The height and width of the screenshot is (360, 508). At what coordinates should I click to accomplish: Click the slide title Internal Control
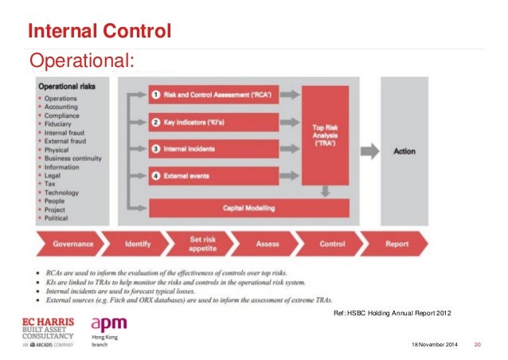point(100,32)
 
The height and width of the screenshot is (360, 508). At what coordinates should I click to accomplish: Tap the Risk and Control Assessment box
point(213,96)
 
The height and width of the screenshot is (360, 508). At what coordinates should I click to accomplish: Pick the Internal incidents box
point(213,149)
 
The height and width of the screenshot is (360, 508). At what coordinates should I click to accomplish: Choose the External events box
point(213,175)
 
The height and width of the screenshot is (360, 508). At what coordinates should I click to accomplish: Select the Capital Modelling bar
point(249,208)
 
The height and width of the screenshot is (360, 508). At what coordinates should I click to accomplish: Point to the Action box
point(404,151)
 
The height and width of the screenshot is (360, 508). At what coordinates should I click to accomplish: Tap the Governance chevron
point(72,244)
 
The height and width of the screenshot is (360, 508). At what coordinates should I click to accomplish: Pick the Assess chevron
point(267,244)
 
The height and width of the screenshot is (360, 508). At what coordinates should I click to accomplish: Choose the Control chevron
point(332,244)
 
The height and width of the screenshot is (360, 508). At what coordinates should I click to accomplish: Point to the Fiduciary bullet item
point(59,123)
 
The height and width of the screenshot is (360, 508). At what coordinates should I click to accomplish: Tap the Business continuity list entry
point(73,158)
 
